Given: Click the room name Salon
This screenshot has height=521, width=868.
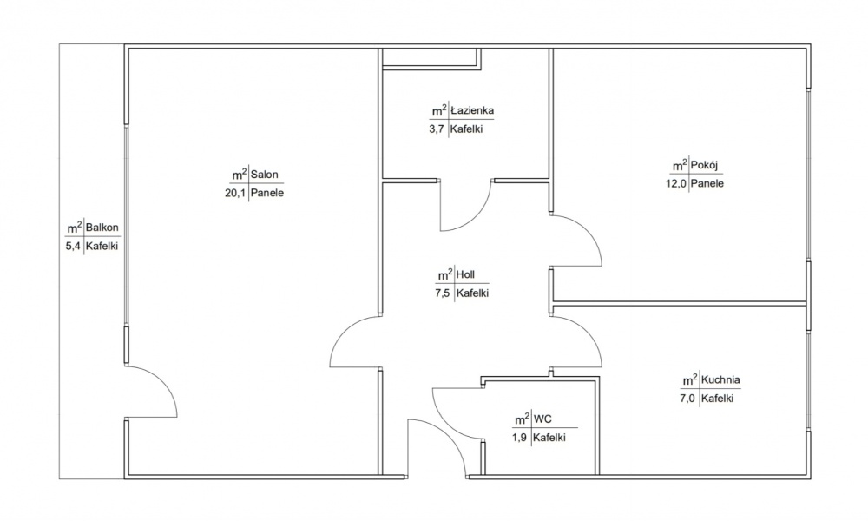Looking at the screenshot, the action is pyautogui.click(x=265, y=175).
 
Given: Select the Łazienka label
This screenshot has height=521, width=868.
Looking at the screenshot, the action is pyautogui.click(x=472, y=110).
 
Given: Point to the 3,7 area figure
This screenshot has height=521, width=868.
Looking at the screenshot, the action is pyautogui.click(x=437, y=129).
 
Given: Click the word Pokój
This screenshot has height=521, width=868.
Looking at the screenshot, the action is pyautogui.click(x=705, y=165).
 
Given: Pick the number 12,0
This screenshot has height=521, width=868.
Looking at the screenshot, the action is pyautogui.click(x=676, y=183).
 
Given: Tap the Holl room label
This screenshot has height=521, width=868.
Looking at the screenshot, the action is pyautogui.click(x=465, y=274).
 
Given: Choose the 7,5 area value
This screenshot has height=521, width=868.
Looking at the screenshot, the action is pyautogui.click(x=443, y=293).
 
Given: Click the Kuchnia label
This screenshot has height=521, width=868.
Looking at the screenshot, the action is pyautogui.click(x=720, y=379).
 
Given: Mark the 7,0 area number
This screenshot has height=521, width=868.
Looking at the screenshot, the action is pyautogui.click(x=688, y=398).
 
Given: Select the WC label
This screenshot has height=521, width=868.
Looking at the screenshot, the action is pyautogui.click(x=542, y=419).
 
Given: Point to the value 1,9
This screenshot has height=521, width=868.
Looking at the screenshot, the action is pyautogui.click(x=520, y=438).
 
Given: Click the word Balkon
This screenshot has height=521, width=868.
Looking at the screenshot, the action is pyautogui.click(x=102, y=227).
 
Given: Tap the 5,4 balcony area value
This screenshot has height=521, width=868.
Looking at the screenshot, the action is pyautogui.click(x=74, y=247).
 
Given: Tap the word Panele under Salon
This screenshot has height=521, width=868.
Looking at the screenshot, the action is pyautogui.click(x=267, y=194).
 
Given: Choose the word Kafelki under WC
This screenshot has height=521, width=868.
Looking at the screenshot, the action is pyautogui.click(x=549, y=438).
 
